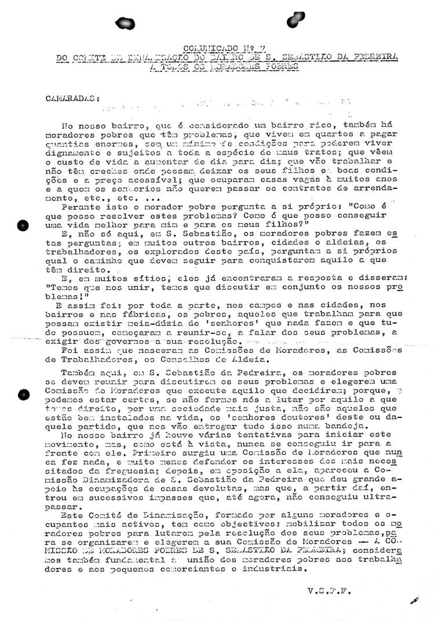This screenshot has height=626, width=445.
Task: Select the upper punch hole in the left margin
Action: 23,226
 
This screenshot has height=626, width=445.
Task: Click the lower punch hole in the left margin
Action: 23,394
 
